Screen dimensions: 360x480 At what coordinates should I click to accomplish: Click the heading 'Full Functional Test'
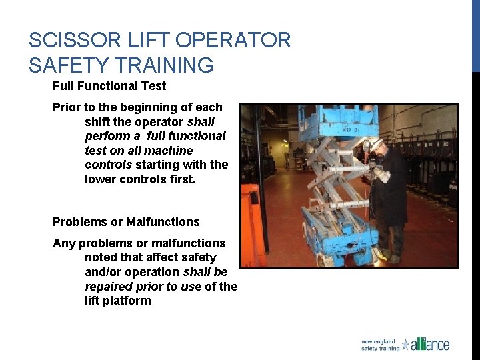[109, 86]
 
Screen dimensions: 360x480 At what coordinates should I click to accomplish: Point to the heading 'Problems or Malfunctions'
[126, 222]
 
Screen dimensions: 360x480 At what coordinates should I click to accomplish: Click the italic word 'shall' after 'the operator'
[201, 121]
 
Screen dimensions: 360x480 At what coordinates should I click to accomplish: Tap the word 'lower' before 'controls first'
[101, 179]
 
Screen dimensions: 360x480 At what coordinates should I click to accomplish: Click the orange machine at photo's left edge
[251, 223]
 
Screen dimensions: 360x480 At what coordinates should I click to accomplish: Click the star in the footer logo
[405, 345]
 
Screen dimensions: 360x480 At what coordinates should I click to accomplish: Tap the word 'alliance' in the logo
[430, 345]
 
